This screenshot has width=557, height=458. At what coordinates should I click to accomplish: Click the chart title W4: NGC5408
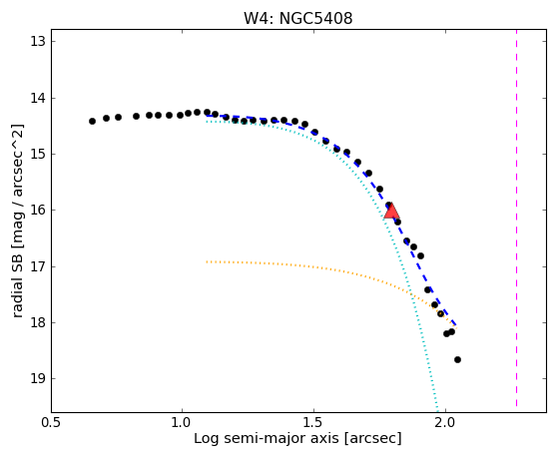(297, 18)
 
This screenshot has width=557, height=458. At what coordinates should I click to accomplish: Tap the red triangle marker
(391, 211)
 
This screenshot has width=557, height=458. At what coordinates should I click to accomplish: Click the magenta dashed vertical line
(516, 219)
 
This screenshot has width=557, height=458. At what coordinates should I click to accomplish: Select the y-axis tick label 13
(38, 42)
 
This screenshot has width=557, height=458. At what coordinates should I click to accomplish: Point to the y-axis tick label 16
(38, 211)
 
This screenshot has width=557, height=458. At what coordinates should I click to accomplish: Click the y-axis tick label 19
(38, 379)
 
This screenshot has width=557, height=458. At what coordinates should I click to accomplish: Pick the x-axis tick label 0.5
(51, 423)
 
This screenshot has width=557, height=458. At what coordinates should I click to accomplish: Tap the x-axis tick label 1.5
(314, 423)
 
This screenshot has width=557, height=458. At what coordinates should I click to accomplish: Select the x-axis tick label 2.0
(446, 423)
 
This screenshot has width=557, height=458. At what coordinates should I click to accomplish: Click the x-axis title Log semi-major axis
(267, 438)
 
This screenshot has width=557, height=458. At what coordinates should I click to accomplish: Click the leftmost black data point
(92, 121)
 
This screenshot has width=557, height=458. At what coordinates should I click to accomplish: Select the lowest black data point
(457, 359)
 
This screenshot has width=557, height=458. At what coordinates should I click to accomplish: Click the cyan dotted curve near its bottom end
(436, 403)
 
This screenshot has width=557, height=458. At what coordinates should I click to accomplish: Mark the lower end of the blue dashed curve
(456, 325)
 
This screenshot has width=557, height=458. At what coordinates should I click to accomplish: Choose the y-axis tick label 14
(38, 98)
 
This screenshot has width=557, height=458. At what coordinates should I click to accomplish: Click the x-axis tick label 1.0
(183, 423)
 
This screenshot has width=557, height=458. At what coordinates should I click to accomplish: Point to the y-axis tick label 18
(38, 322)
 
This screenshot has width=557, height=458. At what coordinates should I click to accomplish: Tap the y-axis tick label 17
(38, 266)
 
